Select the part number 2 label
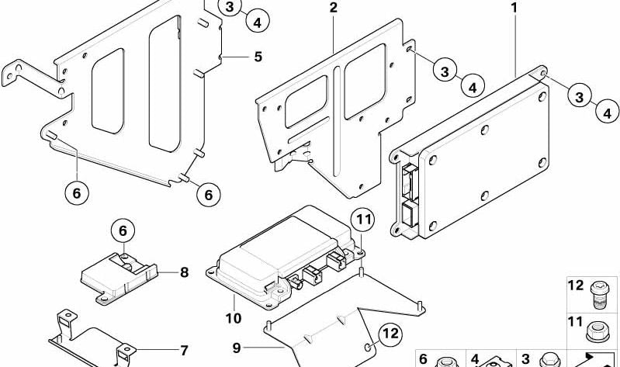(333, 9)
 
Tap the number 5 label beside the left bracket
(258, 56)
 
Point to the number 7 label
(184, 350)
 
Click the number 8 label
(184, 272)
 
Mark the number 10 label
(233, 318)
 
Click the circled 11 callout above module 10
(362, 221)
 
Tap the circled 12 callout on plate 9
(390, 334)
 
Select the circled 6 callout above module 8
(122, 230)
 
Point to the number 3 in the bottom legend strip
(525, 358)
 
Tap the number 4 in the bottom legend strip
(474, 358)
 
